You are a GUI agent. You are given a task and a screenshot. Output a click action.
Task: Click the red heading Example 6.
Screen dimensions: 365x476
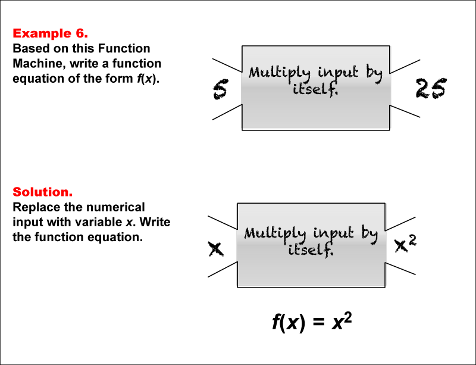click(51, 33)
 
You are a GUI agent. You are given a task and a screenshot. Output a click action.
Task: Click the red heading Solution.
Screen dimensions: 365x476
click(42, 192)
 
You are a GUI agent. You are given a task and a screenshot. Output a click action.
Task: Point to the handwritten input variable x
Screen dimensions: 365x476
click(215, 249)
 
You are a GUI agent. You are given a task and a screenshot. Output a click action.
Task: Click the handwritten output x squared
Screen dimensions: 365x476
click(409, 243)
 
